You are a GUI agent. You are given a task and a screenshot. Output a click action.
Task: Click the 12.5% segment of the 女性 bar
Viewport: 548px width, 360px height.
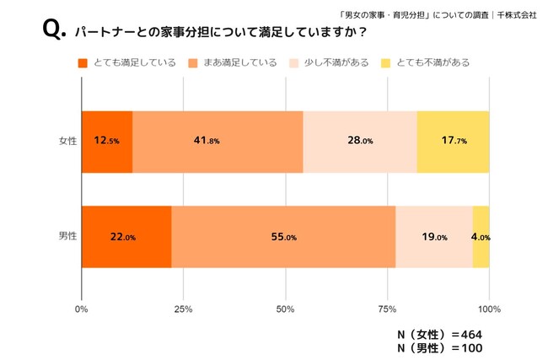pyautogui.click(x=107, y=141)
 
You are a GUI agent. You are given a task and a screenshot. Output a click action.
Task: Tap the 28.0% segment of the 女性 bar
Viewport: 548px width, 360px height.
pyautogui.click(x=360, y=141)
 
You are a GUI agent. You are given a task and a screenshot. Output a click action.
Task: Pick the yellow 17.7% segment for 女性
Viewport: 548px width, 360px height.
pyautogui.click(x=453, y=141)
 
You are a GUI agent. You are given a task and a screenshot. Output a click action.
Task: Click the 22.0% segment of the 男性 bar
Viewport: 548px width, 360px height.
pyautogui.click(x=126, y=237)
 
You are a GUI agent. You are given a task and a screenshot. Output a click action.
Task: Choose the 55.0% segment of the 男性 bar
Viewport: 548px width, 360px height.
pyautogui.click(x=283, y=237)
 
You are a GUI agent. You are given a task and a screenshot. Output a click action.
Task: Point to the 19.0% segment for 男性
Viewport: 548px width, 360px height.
pyautogui.click(x=433, y=237)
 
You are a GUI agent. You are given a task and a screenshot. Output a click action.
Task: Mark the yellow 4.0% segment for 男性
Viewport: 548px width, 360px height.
pyautogui.click(x=481, y=237)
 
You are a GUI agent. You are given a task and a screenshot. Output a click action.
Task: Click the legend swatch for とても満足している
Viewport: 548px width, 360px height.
pyautogui.click(x=83, y=62)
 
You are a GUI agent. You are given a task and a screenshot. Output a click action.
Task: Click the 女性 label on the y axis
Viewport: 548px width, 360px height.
pyautogui.click(x=67, y=141)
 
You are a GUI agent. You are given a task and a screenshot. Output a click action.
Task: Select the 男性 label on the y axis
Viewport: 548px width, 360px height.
pyautogui.click(x=67, y=237)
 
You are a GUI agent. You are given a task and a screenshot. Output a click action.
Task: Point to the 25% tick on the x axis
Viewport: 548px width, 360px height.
pyautogui.click(x=183, y=309)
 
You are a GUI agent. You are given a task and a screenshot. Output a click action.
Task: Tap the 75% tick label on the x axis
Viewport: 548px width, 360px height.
pyautogui.click(x=387, y=309)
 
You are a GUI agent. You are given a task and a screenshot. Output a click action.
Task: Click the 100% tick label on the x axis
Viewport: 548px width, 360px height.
pyautogui.click(x=489, y=309)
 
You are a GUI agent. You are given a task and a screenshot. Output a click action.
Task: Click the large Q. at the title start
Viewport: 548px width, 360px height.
pyautogui.click(x=53, y=31)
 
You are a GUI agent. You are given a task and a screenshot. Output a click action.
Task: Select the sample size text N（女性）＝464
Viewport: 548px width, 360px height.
pyautogui.click(x=438, y=334)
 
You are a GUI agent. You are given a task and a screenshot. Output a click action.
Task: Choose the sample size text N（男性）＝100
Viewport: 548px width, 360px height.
pyautogui.click(x=438, y=347)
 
